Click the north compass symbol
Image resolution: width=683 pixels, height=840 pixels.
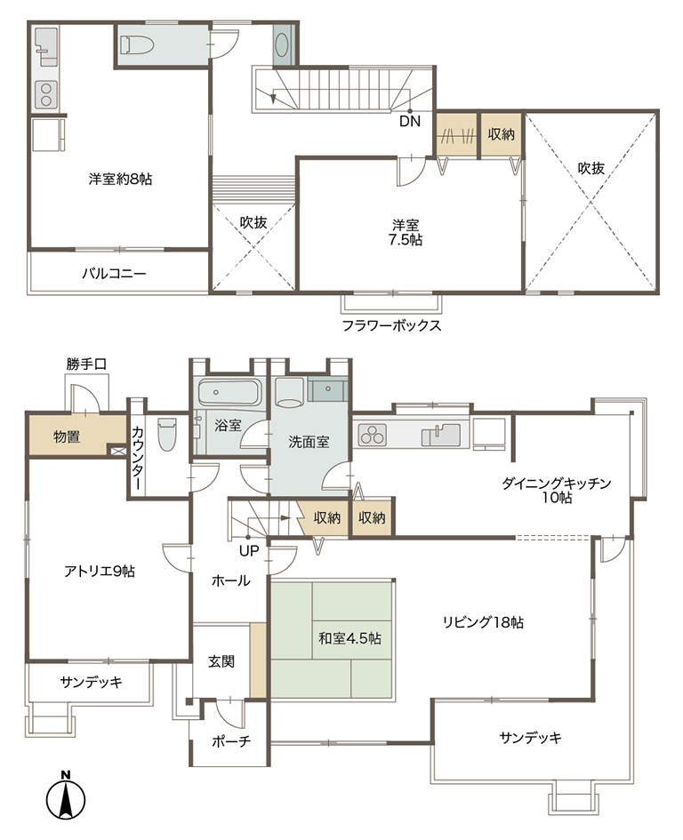pyautogui.click(x=66, y=796)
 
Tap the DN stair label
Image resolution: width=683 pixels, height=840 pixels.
pyautogui.click(x=410, y=121)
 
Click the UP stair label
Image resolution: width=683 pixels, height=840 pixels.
pyautogui.click(x=249, y=550)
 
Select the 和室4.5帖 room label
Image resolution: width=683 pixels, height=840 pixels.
pyautogui.click(x=350, y=638)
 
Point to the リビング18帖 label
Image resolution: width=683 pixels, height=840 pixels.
pyautogui.click(x=483, y=622)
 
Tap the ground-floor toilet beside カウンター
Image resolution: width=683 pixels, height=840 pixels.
pyautogui.click(x=166, y=435)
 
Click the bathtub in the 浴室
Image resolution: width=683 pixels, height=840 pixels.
pyautogui.click(x=229, y=393)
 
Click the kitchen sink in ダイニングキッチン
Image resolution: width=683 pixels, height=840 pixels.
pyautogui.click(x=441, y=435)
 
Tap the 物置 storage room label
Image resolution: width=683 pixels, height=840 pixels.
pyautogui.click(x=67, y=436)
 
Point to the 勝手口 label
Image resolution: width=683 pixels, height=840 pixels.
pyautogui.click(x=86, y=364)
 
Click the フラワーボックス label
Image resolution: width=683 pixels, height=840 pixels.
pyautogui.click(x=392, y=325)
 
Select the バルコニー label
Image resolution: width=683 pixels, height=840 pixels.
pyautogui.click(x=114, y=274)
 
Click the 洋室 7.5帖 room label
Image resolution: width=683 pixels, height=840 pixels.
pyautogui.click(x=406, y=232)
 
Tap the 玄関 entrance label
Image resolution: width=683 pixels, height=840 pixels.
pyautogui.click(x=221, y=661)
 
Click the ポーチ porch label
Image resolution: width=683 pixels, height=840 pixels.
pyautogui.click(x=231, y=741)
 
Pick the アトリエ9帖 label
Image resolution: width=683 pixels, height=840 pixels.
pyautogui.click(x=100, y=571)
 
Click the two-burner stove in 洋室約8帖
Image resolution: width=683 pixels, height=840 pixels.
pyautogui.click(x=46, y=94)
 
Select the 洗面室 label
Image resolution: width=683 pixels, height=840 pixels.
pyautogui.click(x=309, y=442)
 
